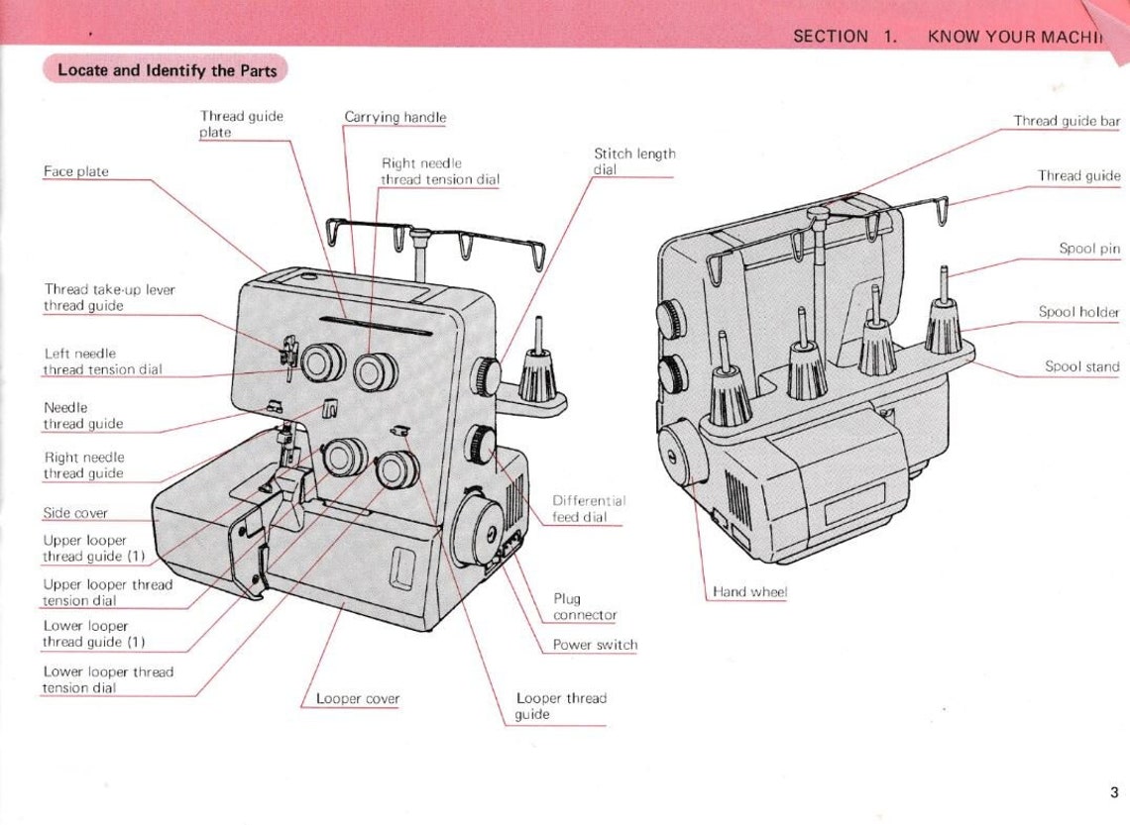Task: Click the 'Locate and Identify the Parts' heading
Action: pos(167,70)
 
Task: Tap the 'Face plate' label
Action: pos(76,171)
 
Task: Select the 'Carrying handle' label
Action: pos(395,117)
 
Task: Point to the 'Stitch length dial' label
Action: pos(634,161)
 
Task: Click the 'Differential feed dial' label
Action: pos(589,509)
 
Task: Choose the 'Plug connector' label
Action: pos(585,607)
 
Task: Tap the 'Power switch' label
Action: pos(595,645)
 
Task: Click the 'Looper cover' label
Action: pos(358,698)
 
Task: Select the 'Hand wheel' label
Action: pos(750,591)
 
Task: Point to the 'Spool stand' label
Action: pos(1081,366)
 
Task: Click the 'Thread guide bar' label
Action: pos(1067,121)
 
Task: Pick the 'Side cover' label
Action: pos(75,513)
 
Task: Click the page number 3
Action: pos(1114,792)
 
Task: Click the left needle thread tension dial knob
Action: pos(323,361)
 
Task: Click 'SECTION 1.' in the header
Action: pos(845,37)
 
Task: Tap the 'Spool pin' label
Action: pos(1088,249)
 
